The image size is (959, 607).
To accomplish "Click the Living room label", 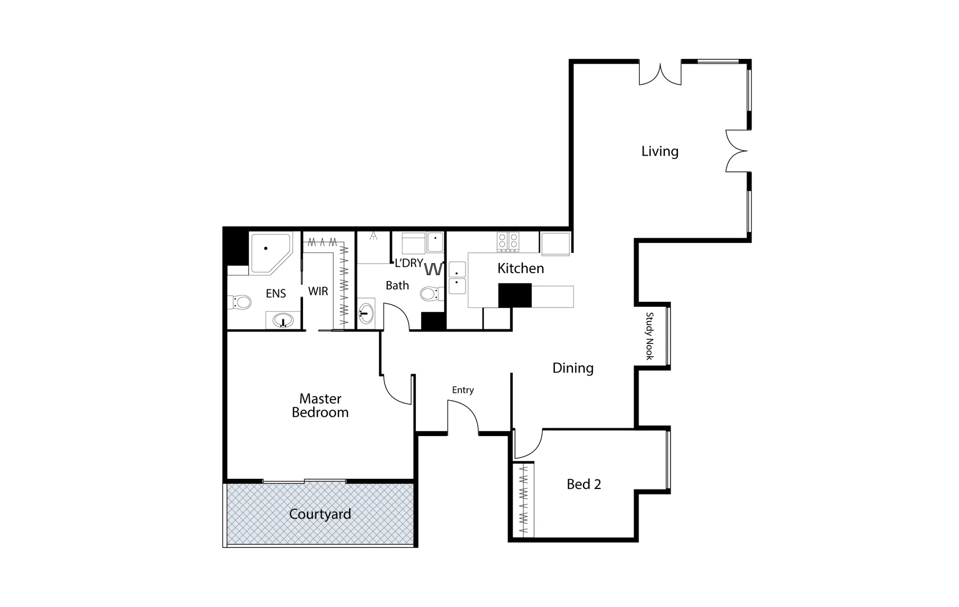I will click(660, 151).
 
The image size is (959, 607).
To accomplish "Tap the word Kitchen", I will click(521, 268).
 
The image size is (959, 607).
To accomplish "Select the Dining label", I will click(573, 368).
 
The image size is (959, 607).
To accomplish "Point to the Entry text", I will click(463, 390).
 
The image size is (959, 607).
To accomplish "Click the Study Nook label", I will click(650, 336).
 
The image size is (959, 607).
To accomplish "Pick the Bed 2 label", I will click(583, 484).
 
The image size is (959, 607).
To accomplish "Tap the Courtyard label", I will click(320, 514).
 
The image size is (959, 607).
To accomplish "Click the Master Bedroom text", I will click(320, 406).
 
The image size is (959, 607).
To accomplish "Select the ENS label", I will click(275, 293).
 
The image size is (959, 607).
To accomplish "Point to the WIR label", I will click(318, 291).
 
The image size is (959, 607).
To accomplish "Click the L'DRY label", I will click(409, 263).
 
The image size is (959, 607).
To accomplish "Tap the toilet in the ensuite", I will click(240, 302).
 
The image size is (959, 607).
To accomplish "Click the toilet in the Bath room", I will click(430, 293).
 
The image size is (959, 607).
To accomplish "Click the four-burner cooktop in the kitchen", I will click(508, 242).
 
